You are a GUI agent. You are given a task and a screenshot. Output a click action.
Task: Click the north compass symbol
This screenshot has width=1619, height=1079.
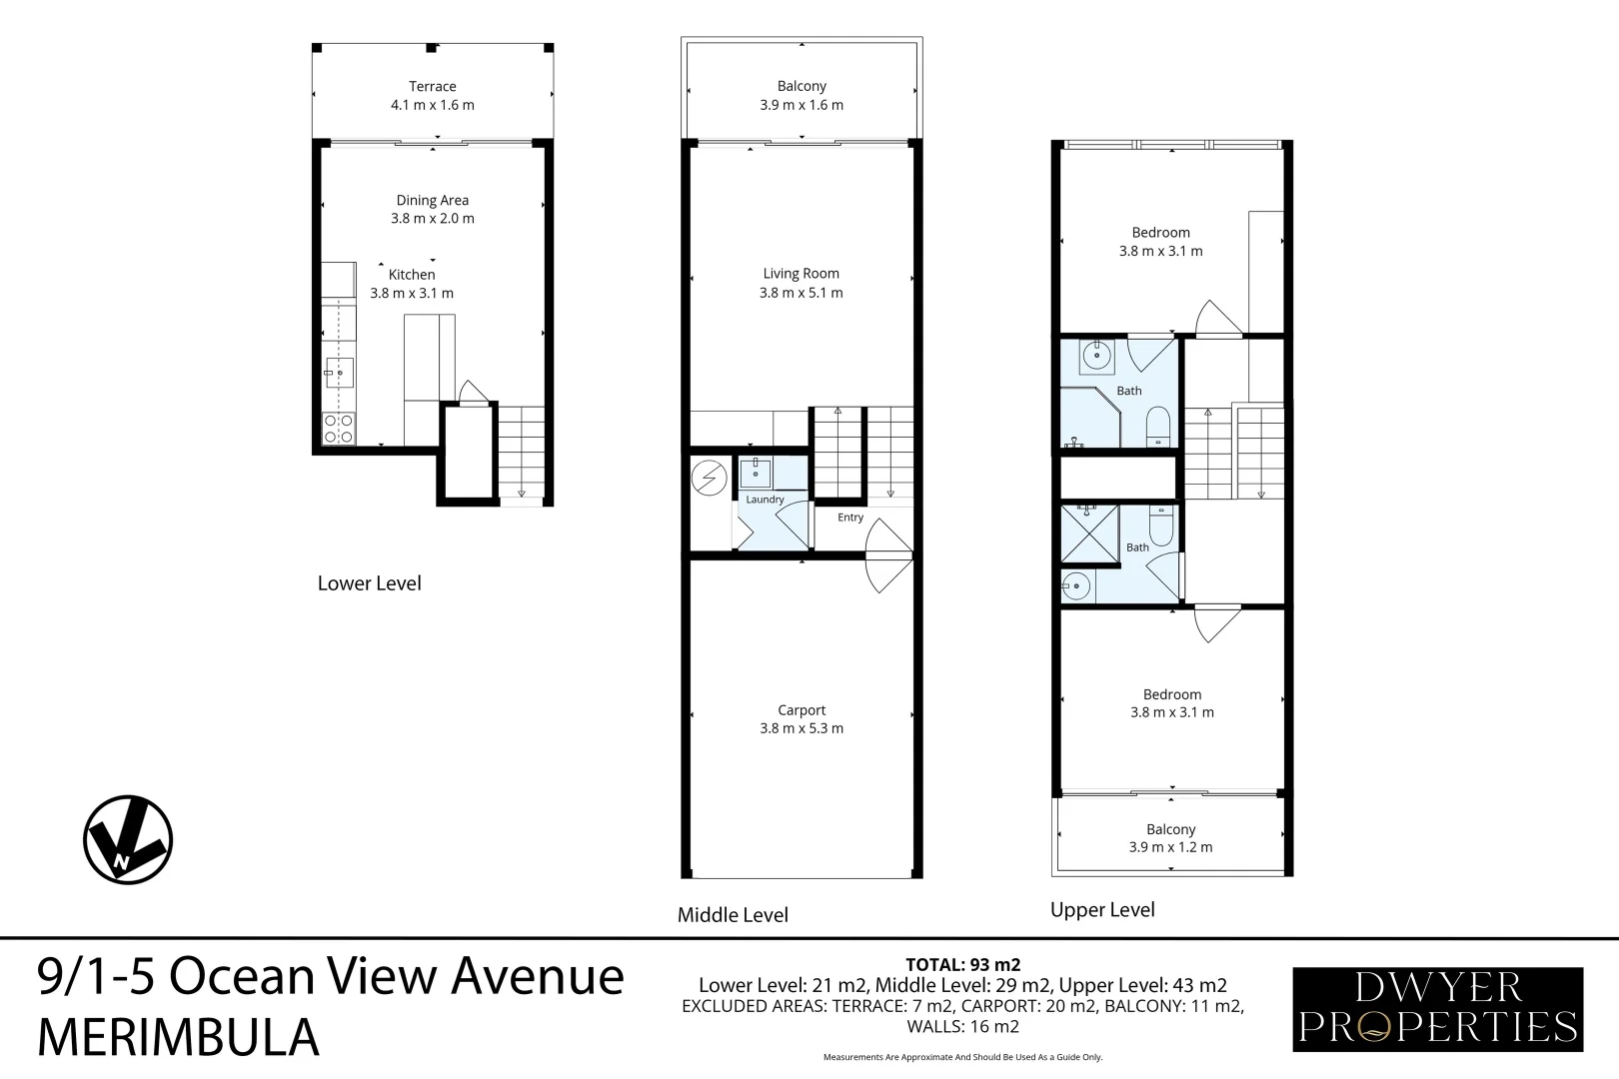[128, 840]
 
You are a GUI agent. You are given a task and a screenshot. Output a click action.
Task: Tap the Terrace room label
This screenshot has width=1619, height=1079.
[432, 87]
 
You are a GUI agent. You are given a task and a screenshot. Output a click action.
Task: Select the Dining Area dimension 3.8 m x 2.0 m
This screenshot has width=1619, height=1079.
[432, 218]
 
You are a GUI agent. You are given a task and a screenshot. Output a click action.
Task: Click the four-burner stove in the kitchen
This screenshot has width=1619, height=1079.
[338, 428]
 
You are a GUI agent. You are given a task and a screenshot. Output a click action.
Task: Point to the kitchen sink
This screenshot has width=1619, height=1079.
[338, 373]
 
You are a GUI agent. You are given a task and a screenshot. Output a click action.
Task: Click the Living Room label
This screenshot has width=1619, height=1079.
[801, 274]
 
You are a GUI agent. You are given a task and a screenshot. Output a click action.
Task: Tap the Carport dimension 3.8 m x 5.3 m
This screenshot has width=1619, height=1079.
[801, 728]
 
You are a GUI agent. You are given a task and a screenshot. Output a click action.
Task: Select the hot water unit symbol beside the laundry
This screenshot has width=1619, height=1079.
[709, 478]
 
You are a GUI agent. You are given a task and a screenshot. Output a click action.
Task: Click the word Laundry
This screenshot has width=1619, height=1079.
[765, 500]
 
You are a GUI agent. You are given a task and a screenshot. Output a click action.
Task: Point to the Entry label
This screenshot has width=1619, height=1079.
[850, 518]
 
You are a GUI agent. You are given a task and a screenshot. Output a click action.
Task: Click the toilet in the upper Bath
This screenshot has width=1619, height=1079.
[1158, 427]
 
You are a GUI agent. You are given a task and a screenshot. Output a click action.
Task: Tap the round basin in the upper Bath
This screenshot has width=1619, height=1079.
[1097, 355]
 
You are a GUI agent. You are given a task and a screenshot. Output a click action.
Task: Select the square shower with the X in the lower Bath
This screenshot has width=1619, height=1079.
[1089, 534]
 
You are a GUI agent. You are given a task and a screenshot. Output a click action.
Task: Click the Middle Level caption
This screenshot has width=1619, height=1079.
[733, 915]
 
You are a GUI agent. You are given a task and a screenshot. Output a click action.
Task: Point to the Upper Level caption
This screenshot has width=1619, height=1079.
[1102, 910]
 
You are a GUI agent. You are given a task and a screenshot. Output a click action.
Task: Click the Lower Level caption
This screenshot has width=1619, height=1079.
[370, 583]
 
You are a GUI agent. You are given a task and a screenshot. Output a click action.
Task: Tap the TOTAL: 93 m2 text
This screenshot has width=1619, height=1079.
[962, 965]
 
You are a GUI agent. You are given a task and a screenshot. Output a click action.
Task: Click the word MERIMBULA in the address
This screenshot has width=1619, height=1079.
[178, 1038]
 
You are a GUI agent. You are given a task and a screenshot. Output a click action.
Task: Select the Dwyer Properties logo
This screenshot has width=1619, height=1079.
[1437, 1010]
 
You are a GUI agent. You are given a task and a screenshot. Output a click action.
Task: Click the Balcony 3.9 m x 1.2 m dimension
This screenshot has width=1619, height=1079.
[1171, 847]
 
